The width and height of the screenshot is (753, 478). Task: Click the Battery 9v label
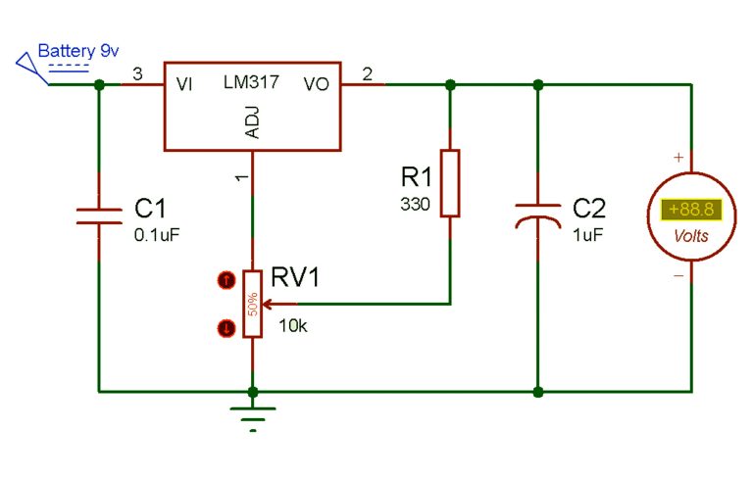click(72, 50)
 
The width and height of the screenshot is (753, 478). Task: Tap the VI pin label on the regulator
click(184, 85)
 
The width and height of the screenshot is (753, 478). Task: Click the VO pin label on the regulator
click(317, 85)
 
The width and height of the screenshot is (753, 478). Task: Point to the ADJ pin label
click(253, 123)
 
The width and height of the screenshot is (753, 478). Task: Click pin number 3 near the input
click(136, 74)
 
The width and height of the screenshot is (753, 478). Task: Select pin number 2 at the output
click(367, 74)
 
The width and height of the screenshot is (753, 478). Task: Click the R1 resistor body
click(449, 182)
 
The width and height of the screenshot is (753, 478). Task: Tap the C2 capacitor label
click(589, 209)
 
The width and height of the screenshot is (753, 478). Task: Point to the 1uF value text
click(587, 234)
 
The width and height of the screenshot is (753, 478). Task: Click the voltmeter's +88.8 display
click(687, 210)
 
